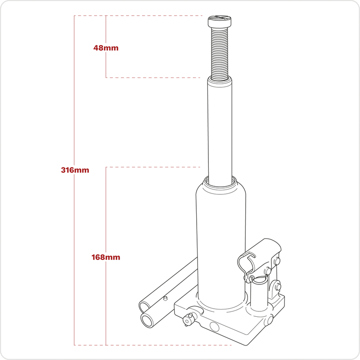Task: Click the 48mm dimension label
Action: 106,47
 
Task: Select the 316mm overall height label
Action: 75,170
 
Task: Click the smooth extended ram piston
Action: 220,130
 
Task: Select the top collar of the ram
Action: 220,81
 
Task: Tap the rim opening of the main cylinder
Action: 220,180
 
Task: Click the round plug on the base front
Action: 213,326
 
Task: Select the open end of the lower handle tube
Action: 147,320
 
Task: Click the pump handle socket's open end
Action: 245,261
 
